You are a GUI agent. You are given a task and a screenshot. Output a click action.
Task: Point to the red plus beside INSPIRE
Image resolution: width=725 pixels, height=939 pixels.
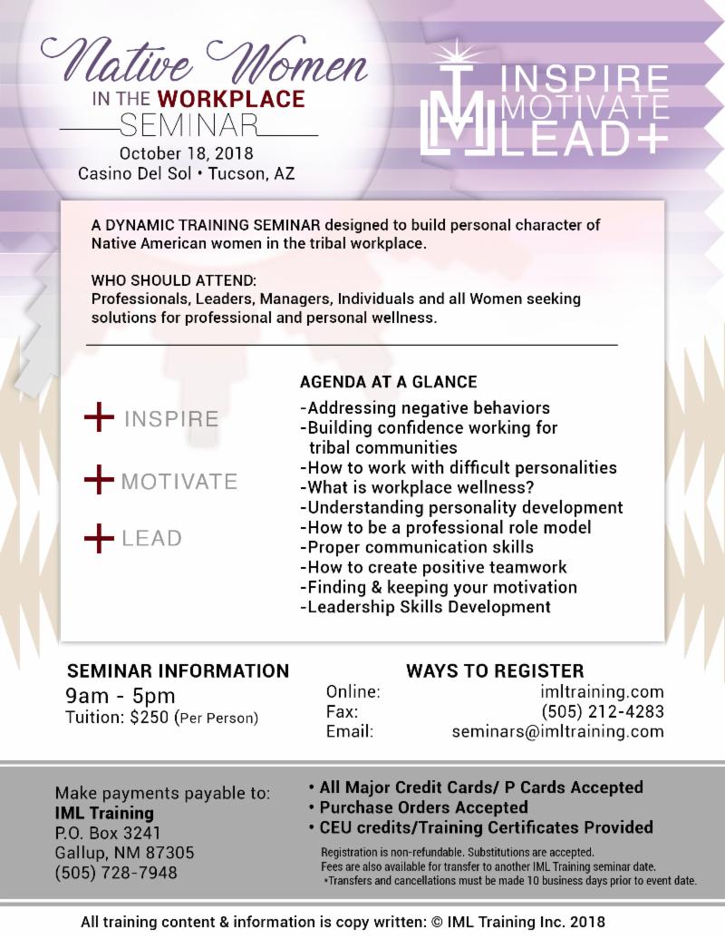tap(99, 418)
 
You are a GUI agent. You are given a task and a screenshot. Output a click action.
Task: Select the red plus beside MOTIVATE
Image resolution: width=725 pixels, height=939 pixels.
tap(99, 479)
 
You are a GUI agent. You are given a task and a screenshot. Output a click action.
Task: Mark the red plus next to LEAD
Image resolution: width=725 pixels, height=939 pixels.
tap(99, 538)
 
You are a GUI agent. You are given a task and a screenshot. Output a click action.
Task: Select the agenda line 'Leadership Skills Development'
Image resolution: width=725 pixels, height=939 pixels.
tap(425, 607)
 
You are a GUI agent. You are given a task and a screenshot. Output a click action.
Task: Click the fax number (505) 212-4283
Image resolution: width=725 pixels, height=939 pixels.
tap(602, 711)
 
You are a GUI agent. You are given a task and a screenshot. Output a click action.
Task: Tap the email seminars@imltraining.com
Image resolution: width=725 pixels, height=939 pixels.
tap(557, 731)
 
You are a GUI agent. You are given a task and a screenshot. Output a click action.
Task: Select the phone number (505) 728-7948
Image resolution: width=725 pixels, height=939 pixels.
tap(116, 873)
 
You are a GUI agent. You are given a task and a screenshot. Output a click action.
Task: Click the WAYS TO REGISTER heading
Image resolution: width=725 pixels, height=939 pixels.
tap(495, 671)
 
